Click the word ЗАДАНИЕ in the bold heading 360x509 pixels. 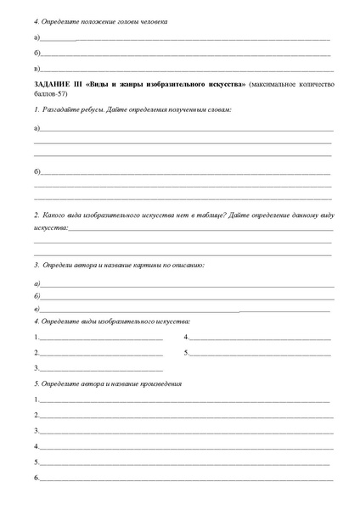pos(53,86)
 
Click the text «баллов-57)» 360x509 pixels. pos(48,94)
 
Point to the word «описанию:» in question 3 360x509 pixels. pos(184,265)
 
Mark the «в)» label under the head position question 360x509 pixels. pos(37,67)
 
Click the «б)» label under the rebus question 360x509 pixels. pos(37,172)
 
